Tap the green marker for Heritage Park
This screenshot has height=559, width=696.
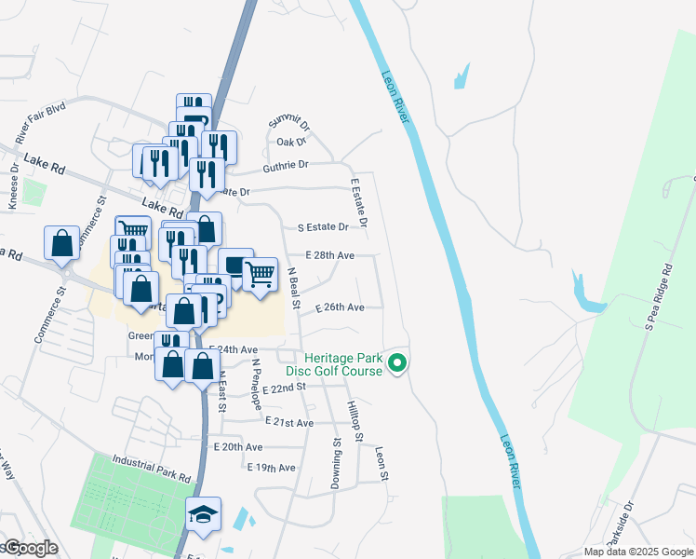tap(398, 363)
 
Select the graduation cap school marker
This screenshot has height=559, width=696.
tap(202, 515)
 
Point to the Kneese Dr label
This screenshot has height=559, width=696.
tap(13, 188)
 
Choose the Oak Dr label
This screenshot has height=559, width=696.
tap(290, 142)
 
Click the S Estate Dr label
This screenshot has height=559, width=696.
tap(322, 226)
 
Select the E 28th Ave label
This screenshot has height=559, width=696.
tap(329, 254)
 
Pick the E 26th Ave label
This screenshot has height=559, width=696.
tap(339, 307)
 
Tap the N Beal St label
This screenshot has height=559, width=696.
tap(294, 288)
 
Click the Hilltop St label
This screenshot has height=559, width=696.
tap(353, 414)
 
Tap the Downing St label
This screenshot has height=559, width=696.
tap(337, 464)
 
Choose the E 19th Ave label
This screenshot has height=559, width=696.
tap(272, 467)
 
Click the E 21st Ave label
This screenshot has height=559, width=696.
tap(288, 422)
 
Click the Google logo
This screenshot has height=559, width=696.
tap(30, 548)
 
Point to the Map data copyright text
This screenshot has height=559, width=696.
tap(637, 552)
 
